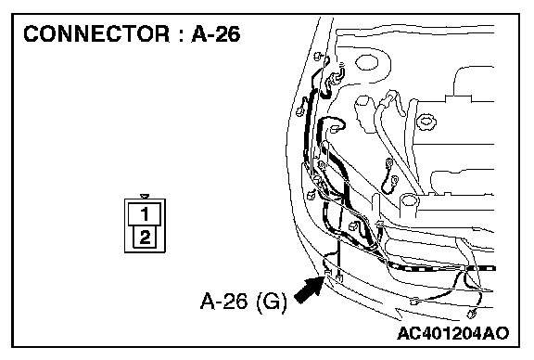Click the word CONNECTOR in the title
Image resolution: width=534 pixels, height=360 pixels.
point(96,34)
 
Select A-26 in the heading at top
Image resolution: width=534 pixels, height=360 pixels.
point(216,34)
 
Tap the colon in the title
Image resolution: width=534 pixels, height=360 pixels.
point(180,36)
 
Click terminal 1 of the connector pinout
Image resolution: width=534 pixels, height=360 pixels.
point(145,214)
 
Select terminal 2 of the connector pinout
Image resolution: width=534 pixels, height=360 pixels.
point(145,237)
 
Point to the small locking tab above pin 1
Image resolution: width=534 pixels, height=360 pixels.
point(145,197)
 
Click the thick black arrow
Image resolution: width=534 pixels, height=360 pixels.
point(309,289)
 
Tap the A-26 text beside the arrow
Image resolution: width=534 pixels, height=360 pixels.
point(224,302)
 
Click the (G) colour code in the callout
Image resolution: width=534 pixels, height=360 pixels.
point(272,302)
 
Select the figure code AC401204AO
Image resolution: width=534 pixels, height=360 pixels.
point(453,333)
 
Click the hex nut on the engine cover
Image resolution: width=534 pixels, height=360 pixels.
point(426,122)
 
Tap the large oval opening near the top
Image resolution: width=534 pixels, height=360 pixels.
point(367,63)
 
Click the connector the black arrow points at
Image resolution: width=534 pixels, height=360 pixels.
point(328,273)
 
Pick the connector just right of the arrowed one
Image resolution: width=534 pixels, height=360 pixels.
point(339,277)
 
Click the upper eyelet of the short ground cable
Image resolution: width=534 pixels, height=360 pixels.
point(389,164)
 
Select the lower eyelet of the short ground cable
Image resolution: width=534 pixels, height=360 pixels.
point(394,180)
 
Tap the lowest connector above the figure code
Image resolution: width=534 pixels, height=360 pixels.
point(471,314)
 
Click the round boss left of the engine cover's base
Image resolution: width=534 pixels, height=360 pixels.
point(409,200)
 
